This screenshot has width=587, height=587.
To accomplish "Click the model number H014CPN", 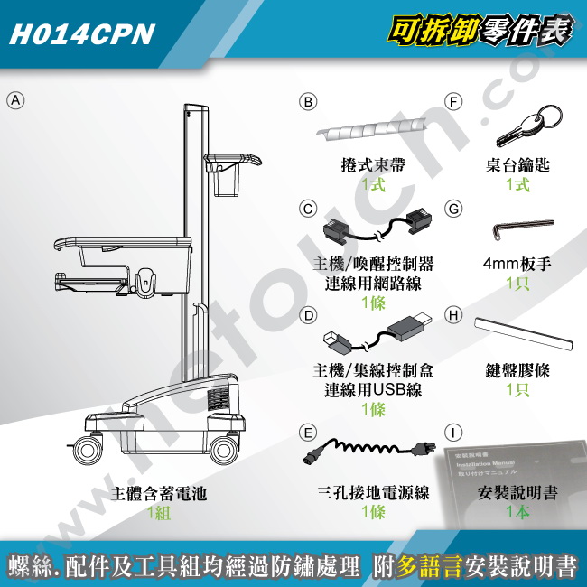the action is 82,34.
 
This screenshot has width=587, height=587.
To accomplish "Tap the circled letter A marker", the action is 15,100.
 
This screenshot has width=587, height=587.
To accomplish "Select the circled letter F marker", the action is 453,102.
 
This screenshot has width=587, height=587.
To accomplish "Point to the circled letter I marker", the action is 453,433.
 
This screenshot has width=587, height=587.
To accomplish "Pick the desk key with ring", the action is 528,125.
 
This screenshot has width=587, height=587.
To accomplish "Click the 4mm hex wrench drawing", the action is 524,228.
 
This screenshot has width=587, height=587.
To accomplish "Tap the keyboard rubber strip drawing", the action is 524,334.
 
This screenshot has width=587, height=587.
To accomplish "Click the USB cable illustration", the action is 377,334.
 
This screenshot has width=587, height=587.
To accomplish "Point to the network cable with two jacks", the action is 377,228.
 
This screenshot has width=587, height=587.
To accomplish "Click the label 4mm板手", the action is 517,264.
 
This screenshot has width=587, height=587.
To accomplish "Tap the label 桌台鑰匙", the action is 517,165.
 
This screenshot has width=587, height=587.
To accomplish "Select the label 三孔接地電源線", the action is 373,493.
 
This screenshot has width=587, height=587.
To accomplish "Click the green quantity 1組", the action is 159,512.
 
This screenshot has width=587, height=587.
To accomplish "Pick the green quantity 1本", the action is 517,511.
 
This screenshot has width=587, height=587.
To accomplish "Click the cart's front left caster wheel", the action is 88,451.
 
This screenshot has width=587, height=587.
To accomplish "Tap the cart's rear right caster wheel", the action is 223,450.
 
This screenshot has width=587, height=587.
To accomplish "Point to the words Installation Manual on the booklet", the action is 485,463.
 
